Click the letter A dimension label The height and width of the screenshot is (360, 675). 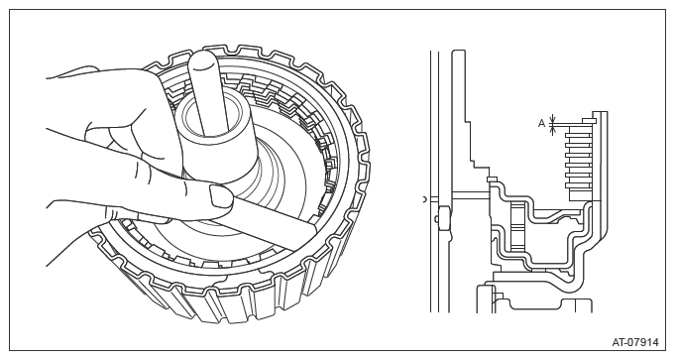(541, 124)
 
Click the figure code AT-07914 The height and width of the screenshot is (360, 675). (635, 342)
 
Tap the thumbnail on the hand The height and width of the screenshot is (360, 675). (219, 195)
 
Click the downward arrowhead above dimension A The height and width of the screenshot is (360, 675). (553, 118)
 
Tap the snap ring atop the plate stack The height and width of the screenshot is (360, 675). (588, 121)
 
